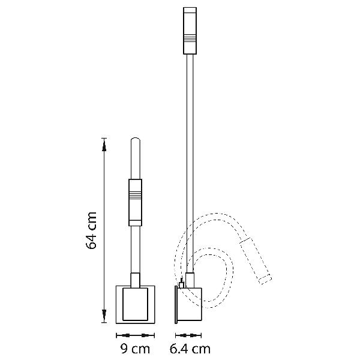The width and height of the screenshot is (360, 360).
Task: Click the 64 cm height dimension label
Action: coord(91,230)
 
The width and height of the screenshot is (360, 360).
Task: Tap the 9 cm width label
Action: coord(135,349)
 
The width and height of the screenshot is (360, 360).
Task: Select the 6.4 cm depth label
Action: coord(190,349)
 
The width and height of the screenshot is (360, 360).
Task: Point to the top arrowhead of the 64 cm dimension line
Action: coord(104,146)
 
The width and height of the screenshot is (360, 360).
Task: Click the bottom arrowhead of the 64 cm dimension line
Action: coord(104,315)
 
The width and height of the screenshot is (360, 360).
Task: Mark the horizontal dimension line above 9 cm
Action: coord(135,335)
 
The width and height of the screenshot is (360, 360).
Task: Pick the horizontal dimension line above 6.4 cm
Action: coord(188,335)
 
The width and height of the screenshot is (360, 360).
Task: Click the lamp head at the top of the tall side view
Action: coord(190,31)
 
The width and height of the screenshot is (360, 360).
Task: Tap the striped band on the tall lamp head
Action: coord(190,38)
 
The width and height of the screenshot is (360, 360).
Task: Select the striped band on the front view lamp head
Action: coord(135,194)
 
